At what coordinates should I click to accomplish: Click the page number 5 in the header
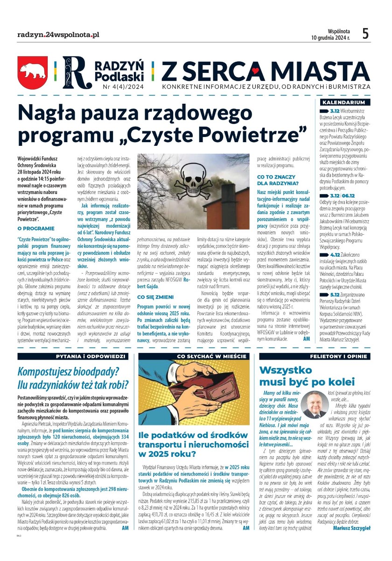click(365, 34)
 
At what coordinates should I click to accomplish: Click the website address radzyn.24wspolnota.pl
click(58, 35)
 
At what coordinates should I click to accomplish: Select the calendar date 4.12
click(334, 254)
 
